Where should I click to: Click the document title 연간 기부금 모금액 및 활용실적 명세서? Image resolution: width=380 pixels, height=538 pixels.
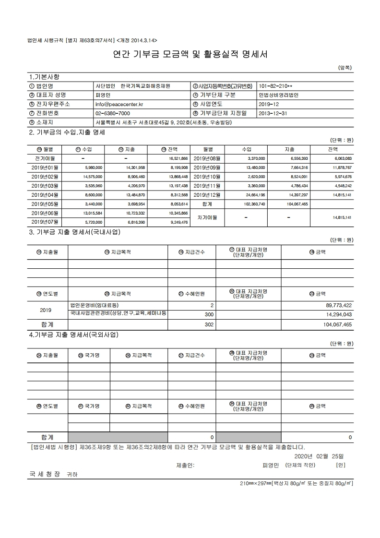[190, 55]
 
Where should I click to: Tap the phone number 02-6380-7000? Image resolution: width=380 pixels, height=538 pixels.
[112, 113]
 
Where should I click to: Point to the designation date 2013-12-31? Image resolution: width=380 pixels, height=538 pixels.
[273, 113]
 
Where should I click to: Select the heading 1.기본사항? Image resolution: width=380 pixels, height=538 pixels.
[44, 77]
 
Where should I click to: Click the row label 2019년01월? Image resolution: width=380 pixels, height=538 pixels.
[45, 167]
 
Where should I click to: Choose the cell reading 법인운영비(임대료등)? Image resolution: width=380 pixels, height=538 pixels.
[94, 305]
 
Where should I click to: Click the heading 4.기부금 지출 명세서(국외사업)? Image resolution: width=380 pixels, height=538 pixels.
[74, 335]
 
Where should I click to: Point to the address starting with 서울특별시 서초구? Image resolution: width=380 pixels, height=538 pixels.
[164, 122]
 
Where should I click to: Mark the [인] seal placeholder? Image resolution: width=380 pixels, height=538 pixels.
[341, 465]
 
